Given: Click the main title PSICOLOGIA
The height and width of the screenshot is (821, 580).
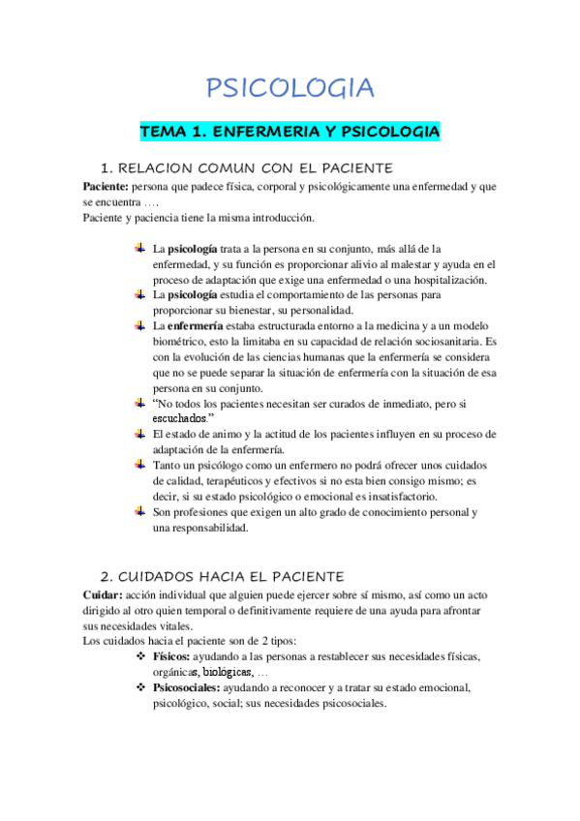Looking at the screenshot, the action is [290, 89].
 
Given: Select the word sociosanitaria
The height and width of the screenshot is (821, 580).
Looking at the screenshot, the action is [436, 343].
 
